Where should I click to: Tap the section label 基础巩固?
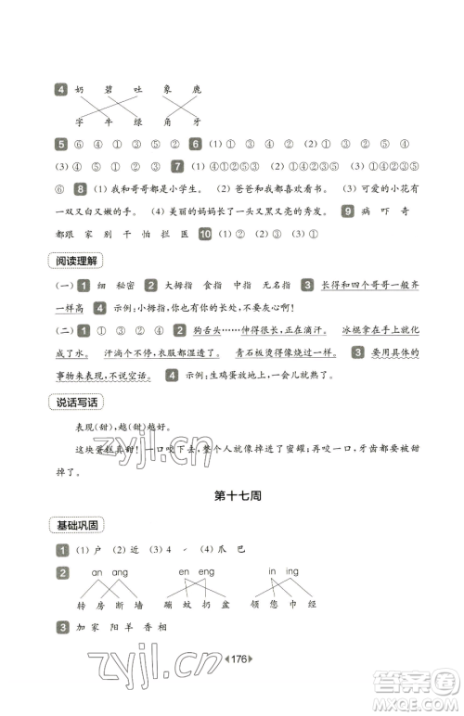pyautogui.click(x=79, y=525)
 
